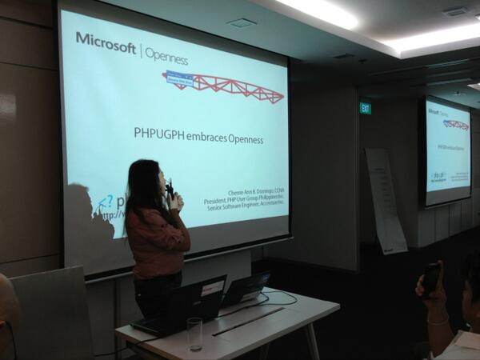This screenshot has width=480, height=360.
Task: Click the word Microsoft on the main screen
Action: [x=106, y=45]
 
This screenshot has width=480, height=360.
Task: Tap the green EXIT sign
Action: [x=365, y=108]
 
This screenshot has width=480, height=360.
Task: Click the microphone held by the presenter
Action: [x=170, y=190]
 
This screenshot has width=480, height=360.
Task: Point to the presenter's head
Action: [x=143, y=180]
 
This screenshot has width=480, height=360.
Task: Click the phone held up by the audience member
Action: [x=431, y=278]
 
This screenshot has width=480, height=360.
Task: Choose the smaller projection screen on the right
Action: [x=447, y=152]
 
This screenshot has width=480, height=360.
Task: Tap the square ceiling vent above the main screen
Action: [x=241, y=23]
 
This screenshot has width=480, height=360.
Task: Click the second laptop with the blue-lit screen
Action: [x=246, y=288]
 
